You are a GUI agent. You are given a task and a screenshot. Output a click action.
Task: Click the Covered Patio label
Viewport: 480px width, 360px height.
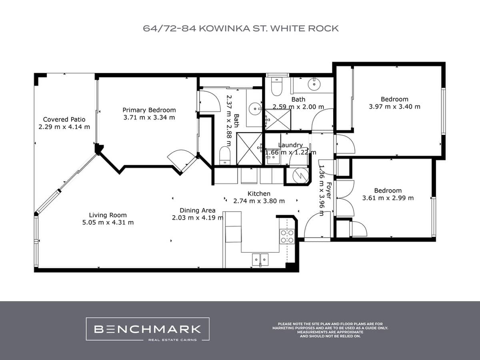pyautogui.click(x=64, y=119)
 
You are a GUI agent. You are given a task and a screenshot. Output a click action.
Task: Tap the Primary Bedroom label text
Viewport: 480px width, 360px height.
pyautogui.click(x=149, y=110)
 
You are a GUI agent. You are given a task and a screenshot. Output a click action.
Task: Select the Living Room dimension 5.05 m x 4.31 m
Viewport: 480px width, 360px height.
pyautogui.click(x=108, y=222)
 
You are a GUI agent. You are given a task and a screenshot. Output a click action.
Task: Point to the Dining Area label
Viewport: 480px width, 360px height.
pyautogui.click(x=197, y=210)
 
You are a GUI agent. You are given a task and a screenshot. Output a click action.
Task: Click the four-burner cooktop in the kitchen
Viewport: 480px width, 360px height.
pyautogui.click(x=287, y=236)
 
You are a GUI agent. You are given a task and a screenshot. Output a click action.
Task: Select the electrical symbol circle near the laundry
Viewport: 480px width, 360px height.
pyautogui.click(x=298, y=176)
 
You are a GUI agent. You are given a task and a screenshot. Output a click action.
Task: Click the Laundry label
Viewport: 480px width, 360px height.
pyautogui.click(x=290, y=145)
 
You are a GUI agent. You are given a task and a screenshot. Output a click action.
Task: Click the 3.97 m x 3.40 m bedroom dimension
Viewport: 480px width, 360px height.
pyautogui.click(x=394, y=107)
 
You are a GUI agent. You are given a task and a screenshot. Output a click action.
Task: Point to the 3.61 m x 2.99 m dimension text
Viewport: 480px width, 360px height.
pyautogui.click(x=388, y=198)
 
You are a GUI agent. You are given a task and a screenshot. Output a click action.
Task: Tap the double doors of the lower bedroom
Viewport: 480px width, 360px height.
pyautogui.click(x=344, y=198)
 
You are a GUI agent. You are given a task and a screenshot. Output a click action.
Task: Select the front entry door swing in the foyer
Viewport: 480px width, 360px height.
pyautogui.click(x=316, y=226)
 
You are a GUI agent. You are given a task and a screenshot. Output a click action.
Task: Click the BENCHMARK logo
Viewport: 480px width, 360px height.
pyautogui.click(x=148, y=329)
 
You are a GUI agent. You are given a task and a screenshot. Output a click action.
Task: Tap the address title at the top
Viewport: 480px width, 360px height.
pyautogui.click(x=240, y=28)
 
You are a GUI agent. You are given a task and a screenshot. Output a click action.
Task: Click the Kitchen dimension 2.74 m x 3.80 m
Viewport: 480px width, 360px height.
pyautogui.click(x=259, y=201)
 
